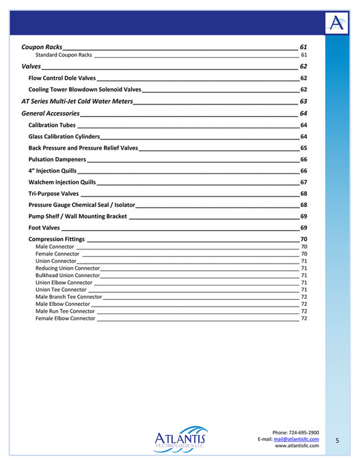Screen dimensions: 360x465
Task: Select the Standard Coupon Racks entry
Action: pos(64,55)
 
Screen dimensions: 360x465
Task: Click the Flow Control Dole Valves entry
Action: pos(62,79)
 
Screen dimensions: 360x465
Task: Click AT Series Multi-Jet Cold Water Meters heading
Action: pos(77,101)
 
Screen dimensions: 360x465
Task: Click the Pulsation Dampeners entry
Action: pos(57,159)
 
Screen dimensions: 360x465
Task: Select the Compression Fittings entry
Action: pos(57,240)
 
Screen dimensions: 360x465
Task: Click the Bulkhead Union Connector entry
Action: pos(68,275)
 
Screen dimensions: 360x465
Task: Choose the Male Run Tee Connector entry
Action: pos(65,311)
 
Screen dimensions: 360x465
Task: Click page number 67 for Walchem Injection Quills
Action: pos(303,182)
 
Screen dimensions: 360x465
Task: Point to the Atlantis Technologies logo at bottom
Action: pos(180,438)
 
